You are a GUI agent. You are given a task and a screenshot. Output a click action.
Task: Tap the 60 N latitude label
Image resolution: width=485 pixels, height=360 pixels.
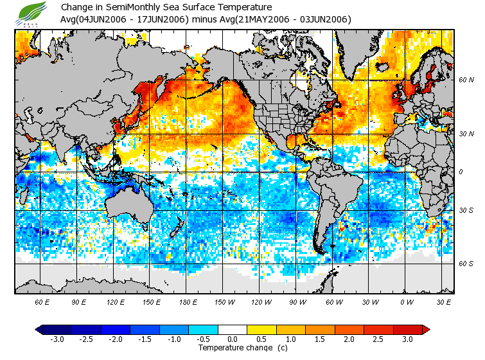click(x=465, y=80)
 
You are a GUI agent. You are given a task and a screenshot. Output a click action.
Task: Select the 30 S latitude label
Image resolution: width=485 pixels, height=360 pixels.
click(x=465, y=211)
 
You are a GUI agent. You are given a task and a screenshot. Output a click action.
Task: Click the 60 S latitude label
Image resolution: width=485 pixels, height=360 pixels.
click(x=465, y=264)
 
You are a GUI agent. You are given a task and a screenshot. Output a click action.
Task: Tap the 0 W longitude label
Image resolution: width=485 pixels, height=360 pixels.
click(x=407, y=301)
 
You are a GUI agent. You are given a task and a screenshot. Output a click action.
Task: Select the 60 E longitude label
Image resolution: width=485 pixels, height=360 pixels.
click(x=42, y=301)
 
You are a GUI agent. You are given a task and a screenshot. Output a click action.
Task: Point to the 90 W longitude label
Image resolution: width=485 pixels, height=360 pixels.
click(x=297, y=301)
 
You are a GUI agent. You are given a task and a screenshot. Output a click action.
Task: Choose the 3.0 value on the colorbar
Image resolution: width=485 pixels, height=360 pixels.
click(x=407, y=339)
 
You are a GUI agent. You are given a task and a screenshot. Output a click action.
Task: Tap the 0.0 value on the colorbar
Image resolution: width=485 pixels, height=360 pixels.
click(x=233, y=339)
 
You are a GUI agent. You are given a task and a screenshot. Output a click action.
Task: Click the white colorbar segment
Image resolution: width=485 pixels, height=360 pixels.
click(x=233, y=330)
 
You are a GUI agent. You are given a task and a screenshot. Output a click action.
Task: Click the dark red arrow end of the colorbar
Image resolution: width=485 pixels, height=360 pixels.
click(x=426, y=330)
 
